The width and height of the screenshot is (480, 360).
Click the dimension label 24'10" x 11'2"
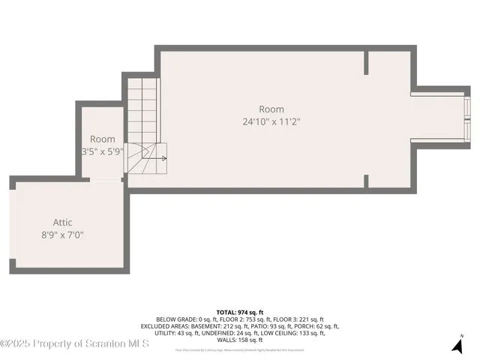point(271,121)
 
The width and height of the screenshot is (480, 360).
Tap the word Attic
point(62,222)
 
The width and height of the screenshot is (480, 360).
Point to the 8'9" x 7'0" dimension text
point(62,235)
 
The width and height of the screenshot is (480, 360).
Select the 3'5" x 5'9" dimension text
point(103,151)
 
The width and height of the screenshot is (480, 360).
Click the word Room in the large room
point(271,109)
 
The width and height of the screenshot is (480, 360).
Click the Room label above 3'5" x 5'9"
point(103,139)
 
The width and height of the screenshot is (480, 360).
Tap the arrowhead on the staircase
point(164,158)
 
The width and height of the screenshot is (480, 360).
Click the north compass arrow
point(457,345)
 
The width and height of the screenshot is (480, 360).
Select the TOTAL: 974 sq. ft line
point(240,311)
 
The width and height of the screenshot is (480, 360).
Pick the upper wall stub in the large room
point(366,62)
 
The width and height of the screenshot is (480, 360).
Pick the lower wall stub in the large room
point(366,181)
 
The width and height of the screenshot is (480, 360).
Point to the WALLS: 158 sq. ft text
point(240,340)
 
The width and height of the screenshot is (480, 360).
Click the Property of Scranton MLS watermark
point(75,343)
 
